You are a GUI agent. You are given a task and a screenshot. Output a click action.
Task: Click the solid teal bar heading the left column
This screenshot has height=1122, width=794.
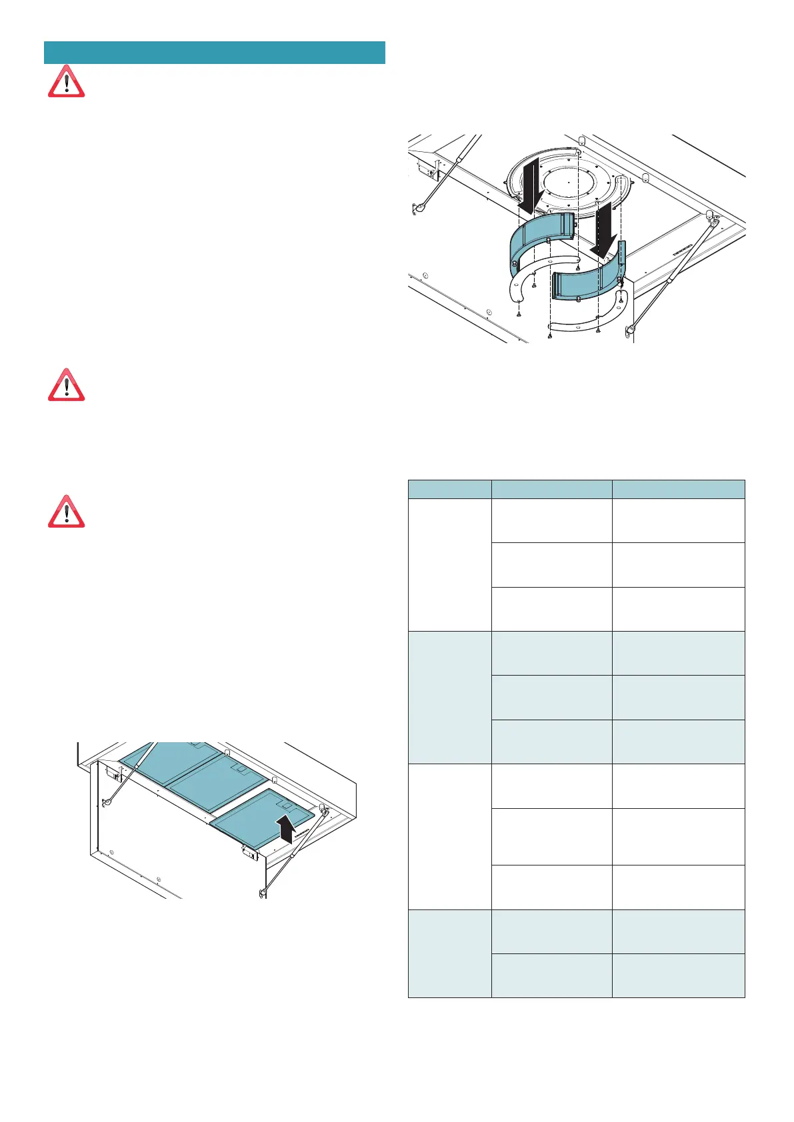[214, 53]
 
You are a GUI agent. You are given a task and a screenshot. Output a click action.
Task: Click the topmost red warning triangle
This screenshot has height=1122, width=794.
[66, 82]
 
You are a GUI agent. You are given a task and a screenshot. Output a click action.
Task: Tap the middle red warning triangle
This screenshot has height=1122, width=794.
[66, 384]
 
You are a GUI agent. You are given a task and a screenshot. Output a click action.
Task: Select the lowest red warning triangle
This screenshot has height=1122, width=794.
[66, 512]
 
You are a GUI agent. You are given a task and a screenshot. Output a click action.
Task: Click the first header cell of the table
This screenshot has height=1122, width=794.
[449, 489]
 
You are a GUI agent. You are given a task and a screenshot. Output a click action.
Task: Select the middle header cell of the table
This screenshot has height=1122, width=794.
[551, 489]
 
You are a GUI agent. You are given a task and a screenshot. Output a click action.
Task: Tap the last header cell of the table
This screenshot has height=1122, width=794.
[678, 489]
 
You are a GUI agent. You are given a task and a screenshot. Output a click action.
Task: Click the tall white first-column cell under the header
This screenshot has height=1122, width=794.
[449, 564]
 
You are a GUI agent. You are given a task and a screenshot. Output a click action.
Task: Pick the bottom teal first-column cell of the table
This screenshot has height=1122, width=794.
[449, 953]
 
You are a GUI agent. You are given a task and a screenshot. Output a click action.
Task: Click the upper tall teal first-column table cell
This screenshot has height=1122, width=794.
[449, 697]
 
